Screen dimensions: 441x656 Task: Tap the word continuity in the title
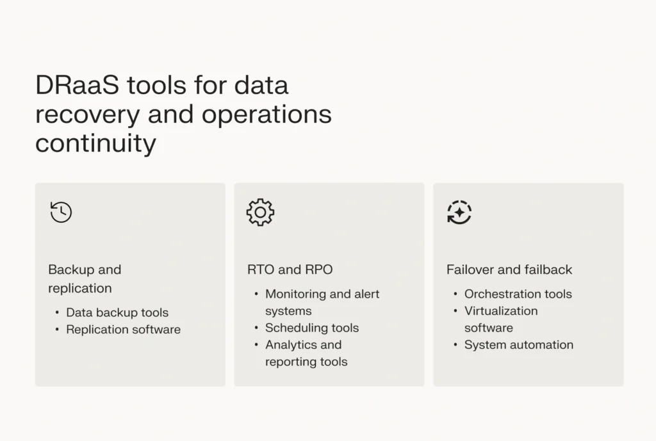tap(95, 143)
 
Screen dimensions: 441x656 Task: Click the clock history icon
tap(61, 212)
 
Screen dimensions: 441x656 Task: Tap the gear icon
tap(260, 212)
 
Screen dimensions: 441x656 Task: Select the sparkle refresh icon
tap(459, 212)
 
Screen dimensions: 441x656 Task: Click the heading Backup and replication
tap(85, 278)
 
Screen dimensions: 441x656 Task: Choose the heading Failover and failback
tap(509, 269)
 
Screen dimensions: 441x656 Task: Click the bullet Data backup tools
tap(117, 312)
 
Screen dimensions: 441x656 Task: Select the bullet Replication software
tap(123, 330)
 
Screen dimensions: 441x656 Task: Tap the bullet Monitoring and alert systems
tap(322, 302)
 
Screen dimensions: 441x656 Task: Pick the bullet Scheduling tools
tap(312, 328)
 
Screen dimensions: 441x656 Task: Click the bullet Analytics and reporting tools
tap(306, 353)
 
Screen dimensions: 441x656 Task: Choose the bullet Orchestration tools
tap(518, 294)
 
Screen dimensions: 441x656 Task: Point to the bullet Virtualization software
tap(500, 319)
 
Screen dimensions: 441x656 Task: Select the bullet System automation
tap(518, 344)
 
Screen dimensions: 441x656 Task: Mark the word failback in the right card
tap(548, 269)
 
